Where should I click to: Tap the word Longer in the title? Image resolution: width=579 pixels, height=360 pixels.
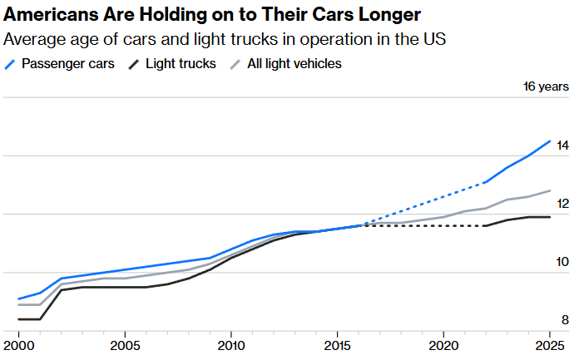(x=378, y=15)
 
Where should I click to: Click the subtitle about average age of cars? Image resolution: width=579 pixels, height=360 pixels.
(x=225, y=39)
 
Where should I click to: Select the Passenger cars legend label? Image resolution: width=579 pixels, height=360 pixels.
(x=68, y=63)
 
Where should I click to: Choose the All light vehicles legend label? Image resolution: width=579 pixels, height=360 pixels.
(x=294, y=63)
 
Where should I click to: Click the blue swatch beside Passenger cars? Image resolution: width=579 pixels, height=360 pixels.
(x=11, y=63)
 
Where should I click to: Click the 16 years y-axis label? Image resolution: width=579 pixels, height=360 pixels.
(x=546, y=86)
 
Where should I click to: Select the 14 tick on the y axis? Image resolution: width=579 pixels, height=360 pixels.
(x=562, y=145)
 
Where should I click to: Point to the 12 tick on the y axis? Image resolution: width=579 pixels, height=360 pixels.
(x=562, y=204)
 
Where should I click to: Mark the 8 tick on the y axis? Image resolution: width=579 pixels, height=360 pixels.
(x=565, y=320)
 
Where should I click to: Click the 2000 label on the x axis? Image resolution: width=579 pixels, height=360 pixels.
(x=18, y=344)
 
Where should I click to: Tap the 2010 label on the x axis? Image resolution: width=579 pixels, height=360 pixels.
(x=230, y=344)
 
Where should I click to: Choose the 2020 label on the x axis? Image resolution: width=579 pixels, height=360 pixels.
(x=443, y=344)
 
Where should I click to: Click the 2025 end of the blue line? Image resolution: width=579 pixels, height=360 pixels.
(x=549, y=141)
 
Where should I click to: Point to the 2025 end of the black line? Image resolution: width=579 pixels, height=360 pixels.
(x=549, y=217)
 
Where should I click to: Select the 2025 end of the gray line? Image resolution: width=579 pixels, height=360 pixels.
(x=549, y=191)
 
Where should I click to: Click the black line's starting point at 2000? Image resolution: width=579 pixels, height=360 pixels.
(x=18, y=319)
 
